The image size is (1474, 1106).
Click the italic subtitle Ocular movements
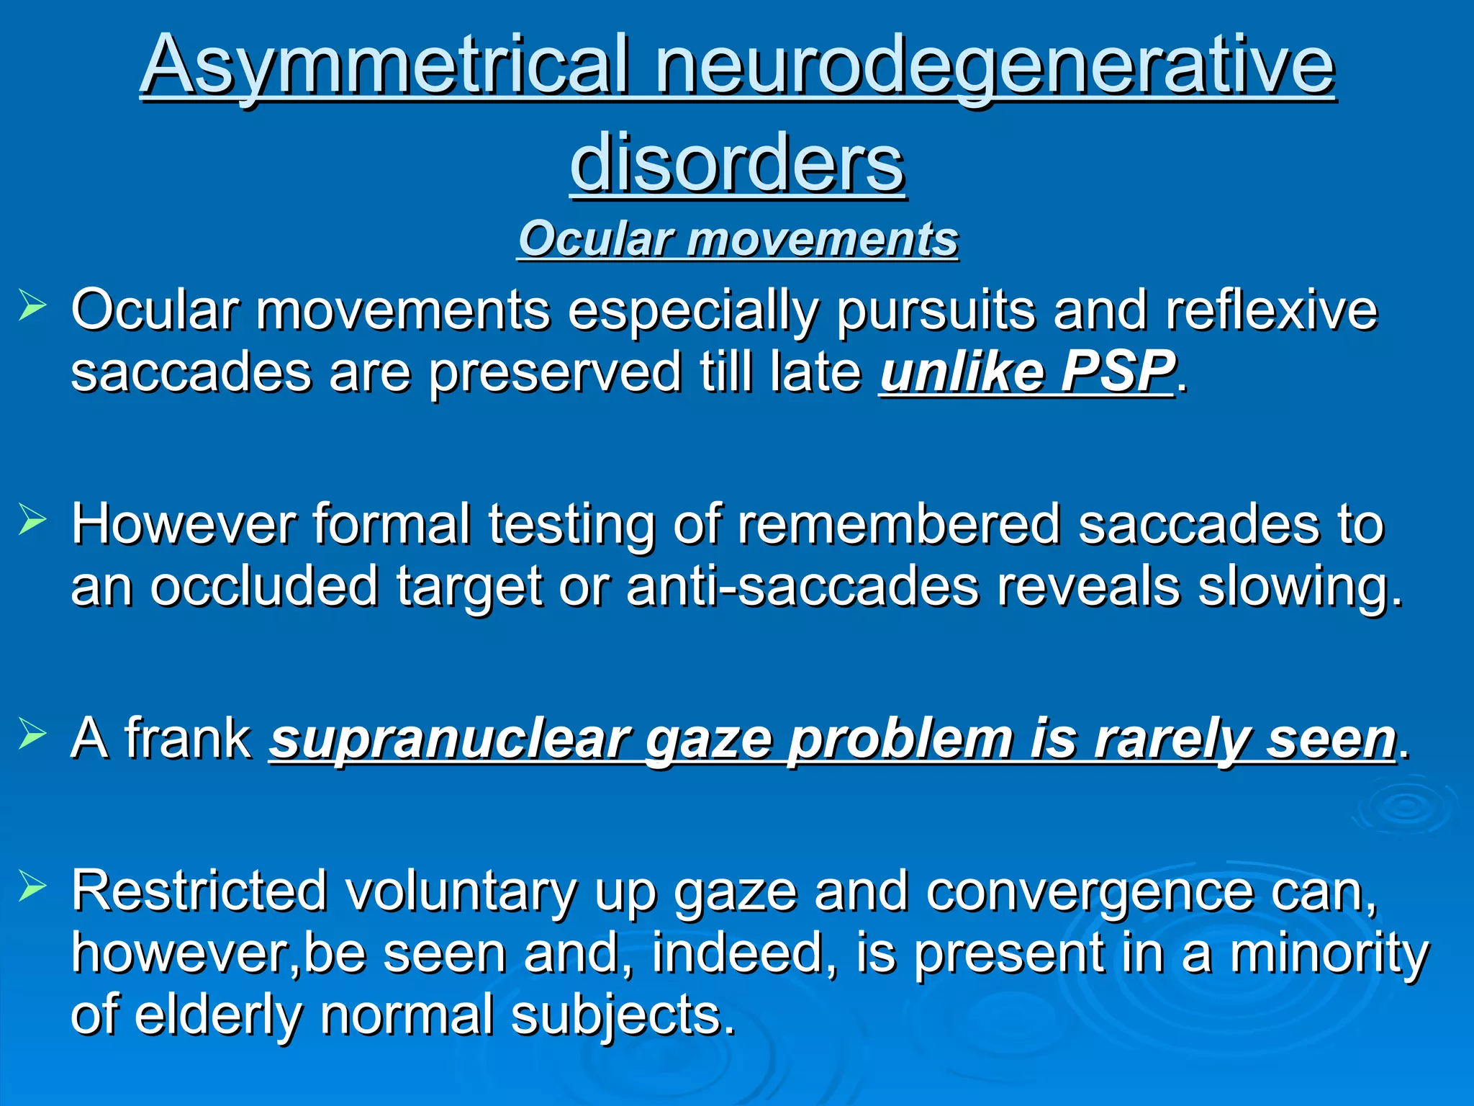(x=738, y=239)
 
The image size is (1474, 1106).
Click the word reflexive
(x=1270, y=310)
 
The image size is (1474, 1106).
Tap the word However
(x=184, y=524)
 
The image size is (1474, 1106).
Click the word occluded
(x=263, y=586)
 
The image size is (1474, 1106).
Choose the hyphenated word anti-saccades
(x=802, y=586)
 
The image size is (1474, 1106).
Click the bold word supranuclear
(x=449, y=740)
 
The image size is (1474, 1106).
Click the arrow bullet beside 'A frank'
(x=32, y=734)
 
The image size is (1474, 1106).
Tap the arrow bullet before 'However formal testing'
(x=32, y=519)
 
